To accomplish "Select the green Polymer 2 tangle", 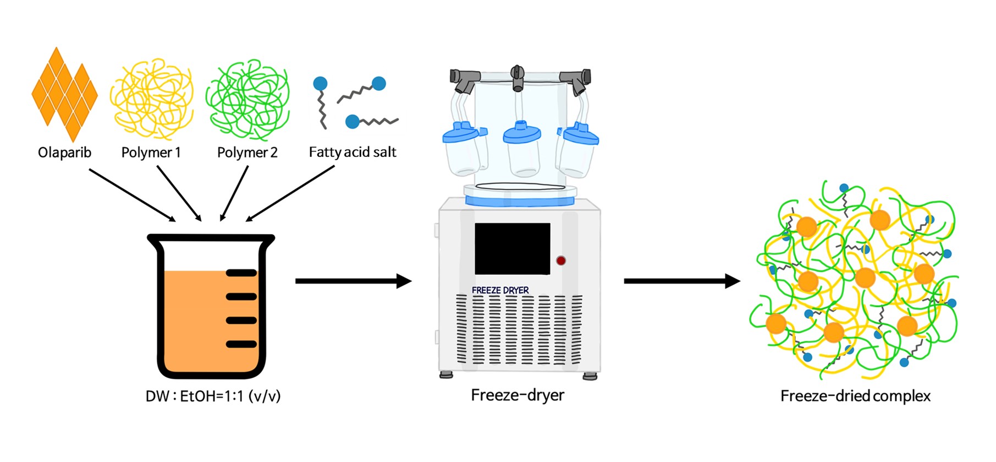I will [x=247, y=99].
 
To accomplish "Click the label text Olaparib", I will [x=64, y=153].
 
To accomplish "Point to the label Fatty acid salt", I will [x=352, y=153].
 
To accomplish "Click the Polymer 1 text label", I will [x=151, y=153].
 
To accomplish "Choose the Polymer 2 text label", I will [x=247, y=153].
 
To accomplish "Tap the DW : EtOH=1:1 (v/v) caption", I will [x=213, y=396].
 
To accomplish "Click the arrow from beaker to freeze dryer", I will [x=353, y=281].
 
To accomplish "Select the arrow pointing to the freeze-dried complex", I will [x=681, y=281].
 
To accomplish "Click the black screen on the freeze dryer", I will [x=512, y=249].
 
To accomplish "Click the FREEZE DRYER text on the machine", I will [x=500, y=290].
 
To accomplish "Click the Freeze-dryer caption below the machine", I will [x=518, y=395].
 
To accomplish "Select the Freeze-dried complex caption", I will [x=855, y=396].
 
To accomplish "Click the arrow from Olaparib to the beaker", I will [x=132, y=195].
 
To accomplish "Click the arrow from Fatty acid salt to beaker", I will [x=290, y=193].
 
